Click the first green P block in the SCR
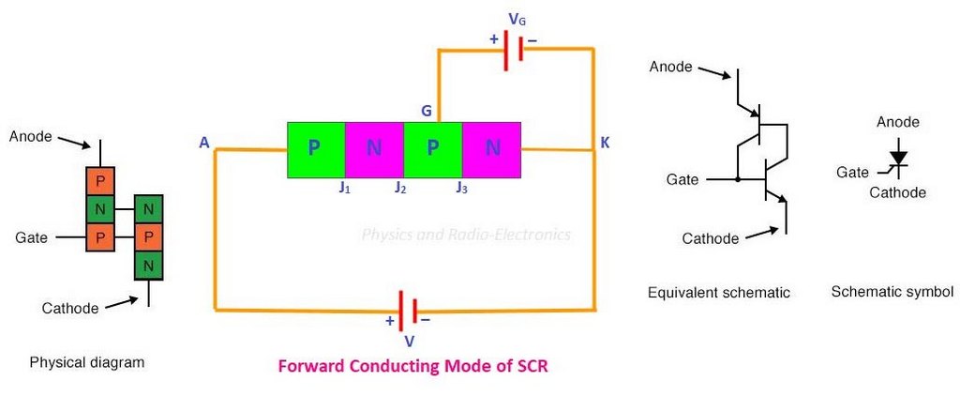[316, 149]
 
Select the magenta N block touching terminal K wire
[492, 149]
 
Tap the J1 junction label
[344, 188]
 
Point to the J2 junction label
[400, 188]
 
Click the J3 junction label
[461, 188]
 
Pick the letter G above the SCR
[427, 112]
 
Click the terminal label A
[203, 143]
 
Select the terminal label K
[605, 143]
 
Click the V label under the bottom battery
[409, 337]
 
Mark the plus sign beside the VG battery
[491, 40]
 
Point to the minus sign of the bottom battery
[426, 319]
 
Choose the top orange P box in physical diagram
[99, 180]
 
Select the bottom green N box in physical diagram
[148, 265]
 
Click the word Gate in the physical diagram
[32, 238]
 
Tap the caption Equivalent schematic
[719, 293]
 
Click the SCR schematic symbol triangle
[899, 158]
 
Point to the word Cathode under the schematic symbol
[897, 192]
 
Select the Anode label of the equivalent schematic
[671, 67]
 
